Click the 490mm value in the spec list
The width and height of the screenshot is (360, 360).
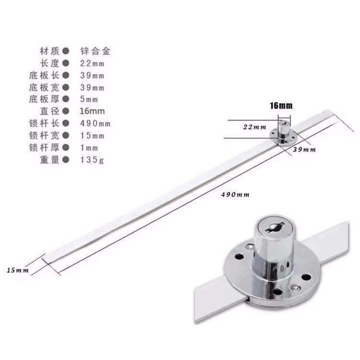(x=96, y=123)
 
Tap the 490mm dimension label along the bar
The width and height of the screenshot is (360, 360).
(x=231, y=194)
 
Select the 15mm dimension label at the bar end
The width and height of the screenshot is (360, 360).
(x=18, y=270)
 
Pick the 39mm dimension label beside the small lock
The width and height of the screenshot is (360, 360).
(x=305, y=150)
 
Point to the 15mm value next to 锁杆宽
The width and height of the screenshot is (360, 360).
(x=92, y=135)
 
